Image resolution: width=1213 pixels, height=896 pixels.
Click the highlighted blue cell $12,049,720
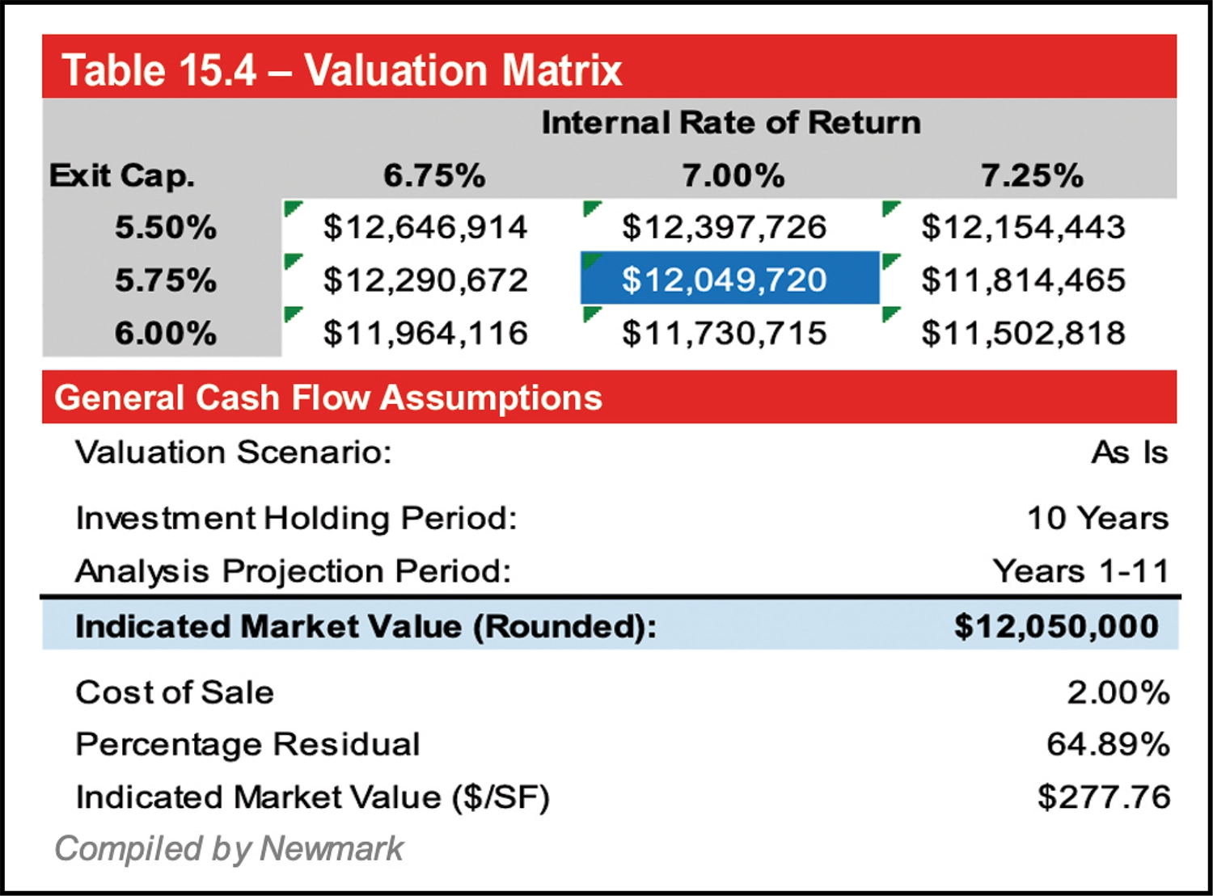(x=725, y=280)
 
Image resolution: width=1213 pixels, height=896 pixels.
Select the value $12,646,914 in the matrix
(x=425, y=227)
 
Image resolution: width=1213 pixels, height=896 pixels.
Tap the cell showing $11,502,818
(x=1023, y=333)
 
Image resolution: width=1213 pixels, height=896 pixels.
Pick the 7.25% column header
(x=1031, y=175)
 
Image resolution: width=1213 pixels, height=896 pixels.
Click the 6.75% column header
(x=434, y=175)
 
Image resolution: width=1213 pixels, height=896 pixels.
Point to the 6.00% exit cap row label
(x=166, y=333)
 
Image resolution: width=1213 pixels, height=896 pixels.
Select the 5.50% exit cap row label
(x=166, y=227)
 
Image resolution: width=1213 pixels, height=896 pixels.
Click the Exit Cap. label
(x=122, y=175)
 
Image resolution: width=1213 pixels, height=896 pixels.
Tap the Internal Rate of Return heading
(x=730, y=123)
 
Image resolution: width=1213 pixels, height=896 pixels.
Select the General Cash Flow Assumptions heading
(x=328, y=398)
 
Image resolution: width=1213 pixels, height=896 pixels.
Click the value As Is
(x=1129, y=452)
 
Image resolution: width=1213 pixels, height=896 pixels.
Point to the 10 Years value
(x=1097, y=518)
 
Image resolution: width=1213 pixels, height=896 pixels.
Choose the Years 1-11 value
(x=1080, y=571)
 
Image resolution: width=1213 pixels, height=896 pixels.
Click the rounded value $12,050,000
(x=1056, y=627)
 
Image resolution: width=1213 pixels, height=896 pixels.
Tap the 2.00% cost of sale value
(x=1118, y=692)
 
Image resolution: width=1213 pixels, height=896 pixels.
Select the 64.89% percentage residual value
(x=1107, y=744)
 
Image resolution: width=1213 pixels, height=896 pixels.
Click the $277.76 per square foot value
(x=1104, y=797)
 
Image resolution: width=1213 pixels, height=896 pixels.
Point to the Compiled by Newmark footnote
(x=229, y=848)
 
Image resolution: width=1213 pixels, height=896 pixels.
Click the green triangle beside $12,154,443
(x=890, y=208)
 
